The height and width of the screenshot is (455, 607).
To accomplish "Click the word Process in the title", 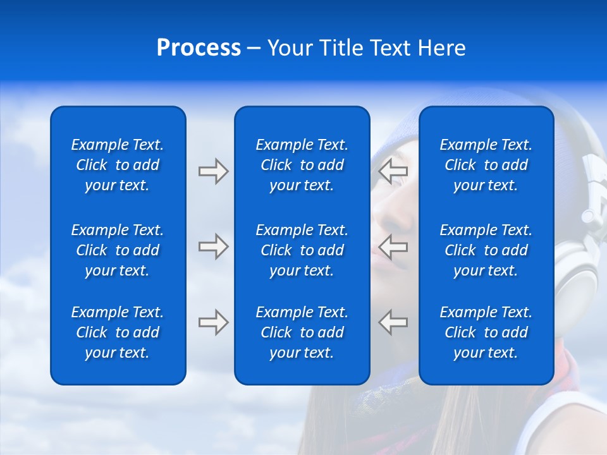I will click(x=199, y=48).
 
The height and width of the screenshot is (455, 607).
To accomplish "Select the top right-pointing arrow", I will click(x=214, y=171).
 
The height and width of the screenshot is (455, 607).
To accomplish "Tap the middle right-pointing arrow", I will click(x=214, y=246).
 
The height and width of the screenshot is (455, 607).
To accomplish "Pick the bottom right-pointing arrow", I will click(x=214, y=322).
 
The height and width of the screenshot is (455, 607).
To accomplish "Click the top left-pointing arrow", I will click(x=393, y=170).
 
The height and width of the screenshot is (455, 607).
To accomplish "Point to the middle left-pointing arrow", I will click(x=393, y=246).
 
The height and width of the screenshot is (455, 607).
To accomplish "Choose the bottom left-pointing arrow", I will click(x=393, y=322).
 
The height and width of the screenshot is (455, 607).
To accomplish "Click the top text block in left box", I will click(x=118, y=165).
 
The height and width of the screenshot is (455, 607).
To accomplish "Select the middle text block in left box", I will click(x=118, y=250).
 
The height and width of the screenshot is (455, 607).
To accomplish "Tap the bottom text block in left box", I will click(x=118, y=332).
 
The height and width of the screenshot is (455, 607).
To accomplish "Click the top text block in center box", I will click(x=302, y=165).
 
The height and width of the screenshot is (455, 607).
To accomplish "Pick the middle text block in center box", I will click(x=302, y=250).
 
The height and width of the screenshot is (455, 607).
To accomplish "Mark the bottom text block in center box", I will click(x=302, y=332).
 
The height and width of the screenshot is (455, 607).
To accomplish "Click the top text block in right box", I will click(x=486, y=165).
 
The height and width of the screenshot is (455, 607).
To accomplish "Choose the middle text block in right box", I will click(x=486, y=250).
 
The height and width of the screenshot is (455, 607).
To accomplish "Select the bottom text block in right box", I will click(x=486, y=332).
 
